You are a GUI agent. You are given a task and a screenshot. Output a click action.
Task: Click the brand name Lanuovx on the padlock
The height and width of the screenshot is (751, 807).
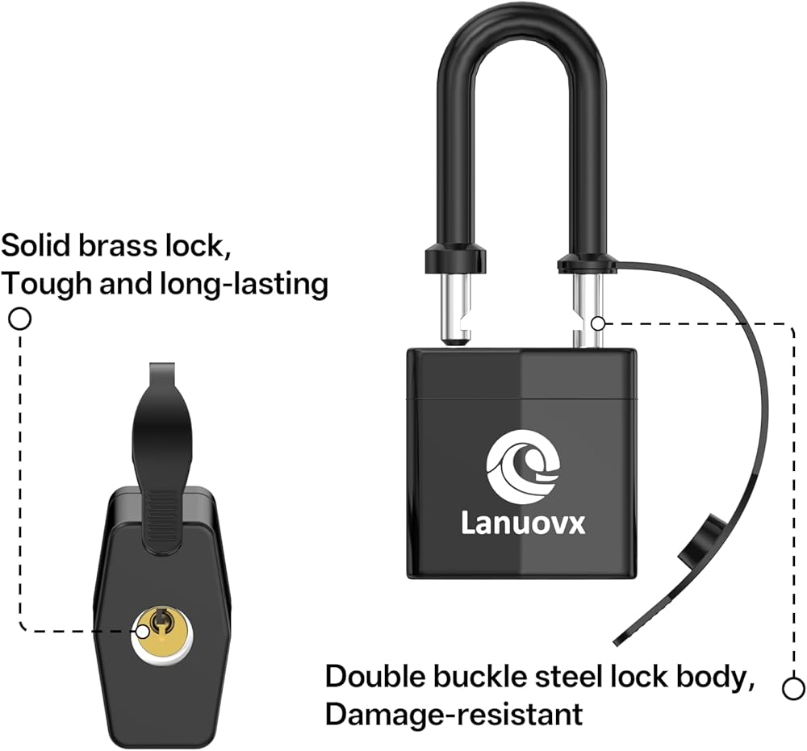click(523, 524)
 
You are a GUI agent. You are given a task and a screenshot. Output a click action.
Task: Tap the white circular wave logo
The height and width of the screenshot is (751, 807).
click(523, 466)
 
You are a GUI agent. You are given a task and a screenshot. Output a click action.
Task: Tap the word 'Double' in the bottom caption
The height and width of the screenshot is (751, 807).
click(375, 677)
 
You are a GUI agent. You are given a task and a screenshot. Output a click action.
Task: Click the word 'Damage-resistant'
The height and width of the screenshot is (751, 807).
click(454, 715)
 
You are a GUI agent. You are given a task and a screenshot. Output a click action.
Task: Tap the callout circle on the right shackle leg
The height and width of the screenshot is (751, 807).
click(597, 323)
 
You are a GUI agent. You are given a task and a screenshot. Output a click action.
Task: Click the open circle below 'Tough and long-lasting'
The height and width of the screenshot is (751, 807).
click(20, 319)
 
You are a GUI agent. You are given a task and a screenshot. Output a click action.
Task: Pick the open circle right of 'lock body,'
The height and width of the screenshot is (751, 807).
click(792, 688)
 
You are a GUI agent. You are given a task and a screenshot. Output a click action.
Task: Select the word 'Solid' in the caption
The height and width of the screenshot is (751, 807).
click(36, 246)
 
